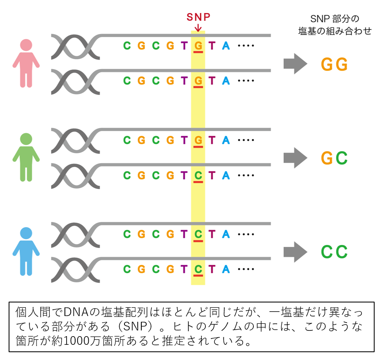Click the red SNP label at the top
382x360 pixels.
pos(198,17)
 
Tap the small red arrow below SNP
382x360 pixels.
pos(198,27)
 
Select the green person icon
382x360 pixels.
pos(26,157)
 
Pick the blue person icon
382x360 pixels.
pos(26,251)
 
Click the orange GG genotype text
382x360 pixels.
pos(334,65)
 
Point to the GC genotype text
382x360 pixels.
pos(334,158)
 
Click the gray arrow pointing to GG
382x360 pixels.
pos(295,64)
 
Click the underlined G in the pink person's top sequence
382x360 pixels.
pos(198,46)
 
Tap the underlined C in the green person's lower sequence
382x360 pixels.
pos(198,175)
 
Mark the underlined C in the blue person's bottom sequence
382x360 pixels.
pos(198,270)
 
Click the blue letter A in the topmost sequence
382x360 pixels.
pos(226,46)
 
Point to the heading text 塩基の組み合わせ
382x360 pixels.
pos(335,31)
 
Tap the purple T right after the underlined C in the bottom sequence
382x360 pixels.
pos(212,270)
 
